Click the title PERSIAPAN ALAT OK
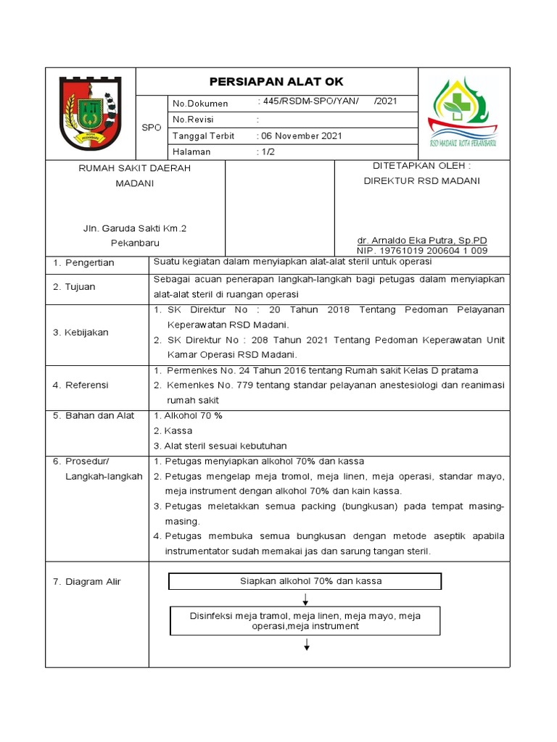[x=276, y=82]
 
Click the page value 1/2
[x=265, y=152]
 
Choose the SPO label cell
[x=151, y=128]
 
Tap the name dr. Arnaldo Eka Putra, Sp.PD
[x=421, y=240]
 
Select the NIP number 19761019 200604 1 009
[x=421, y=251]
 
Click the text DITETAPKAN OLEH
[x=421, y=166]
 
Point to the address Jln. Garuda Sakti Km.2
[x=135, y=228]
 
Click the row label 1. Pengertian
[x=83, y=262]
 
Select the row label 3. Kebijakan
[x=81, y=332]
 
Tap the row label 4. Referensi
[x=81, y=385]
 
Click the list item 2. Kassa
[x=173, y=430]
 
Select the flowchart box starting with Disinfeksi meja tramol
[x=305, y=621]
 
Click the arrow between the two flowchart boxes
[x=307, y=599]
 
